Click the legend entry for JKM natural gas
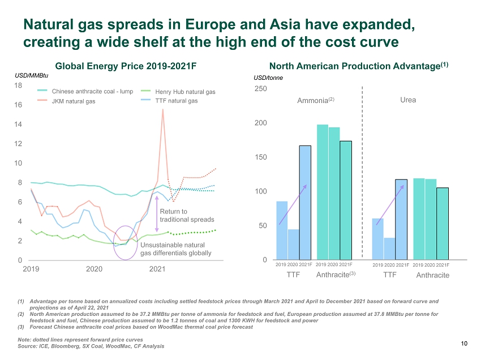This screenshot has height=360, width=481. pyautogui.click(x=66, y=101)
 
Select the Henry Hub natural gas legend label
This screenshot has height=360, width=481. pyautogui.click(x=185, y=92)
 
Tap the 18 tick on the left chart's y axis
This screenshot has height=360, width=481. pyautogui.click(x=18, y=85)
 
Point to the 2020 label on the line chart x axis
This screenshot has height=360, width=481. pyautogui.click(x=94, y=269)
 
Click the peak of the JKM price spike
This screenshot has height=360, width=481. pyautogui.click(x=162, y=110)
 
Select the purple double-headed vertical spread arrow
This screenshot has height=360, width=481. pyautogui.click(x=157, y=214)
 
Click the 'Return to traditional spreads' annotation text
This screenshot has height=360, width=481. pyautogui.click(x=187, y=216)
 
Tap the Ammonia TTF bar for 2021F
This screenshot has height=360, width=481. pyautogui.click(x=305, y=203)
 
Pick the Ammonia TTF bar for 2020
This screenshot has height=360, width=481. pyautogui.click(x=294, y=245)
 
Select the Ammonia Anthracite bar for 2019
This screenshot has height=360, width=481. pyautogui.click(x=323, y=192)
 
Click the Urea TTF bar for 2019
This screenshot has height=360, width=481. pyautogui.click(x=377, y=239)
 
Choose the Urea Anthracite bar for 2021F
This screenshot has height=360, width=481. pyautogui.click(x=443, y=224)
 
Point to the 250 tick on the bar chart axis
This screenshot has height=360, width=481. pyautogui.click(x=261, y=89)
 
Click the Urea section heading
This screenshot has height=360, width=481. pyautogui.click(x=408, y=100)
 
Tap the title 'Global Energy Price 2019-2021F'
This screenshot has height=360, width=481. pyautogui.click(x=126, y=66)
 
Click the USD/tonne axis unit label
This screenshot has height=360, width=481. pyautogui.click(x=268, y=78)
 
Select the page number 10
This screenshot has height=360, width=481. pyautogui.click(x=464, y=344)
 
